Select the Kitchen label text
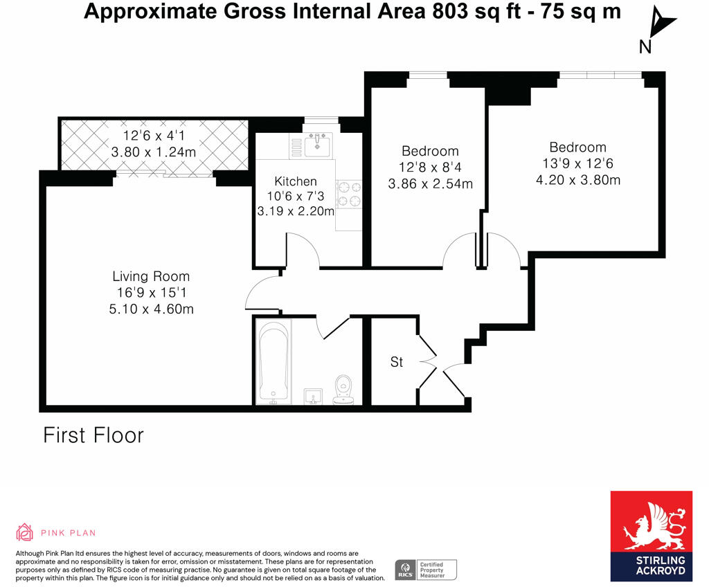pyautogui.click(x=296, y=181)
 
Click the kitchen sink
pyautogui.click(x=318, y=143)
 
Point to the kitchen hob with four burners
pyautogui.click(x=349, y=194)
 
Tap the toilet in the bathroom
pyautogui.click(x=343, y=389)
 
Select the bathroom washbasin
pyautogui.click(x=314, y=394)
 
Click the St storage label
pyautogui.click(x=396, y=362)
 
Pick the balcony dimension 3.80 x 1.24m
pyautogui.click(x=153, y=152)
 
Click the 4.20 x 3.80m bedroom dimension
pyautogui.click(x=577, y=180)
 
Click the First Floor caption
pyautogui.click(x=93, y=435)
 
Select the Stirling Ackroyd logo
pyautogui.click(x=651, y=536)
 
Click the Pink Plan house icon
pyautogui.click(x=25, y=532)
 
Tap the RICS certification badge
pyautogui.click(x=426, y=570)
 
